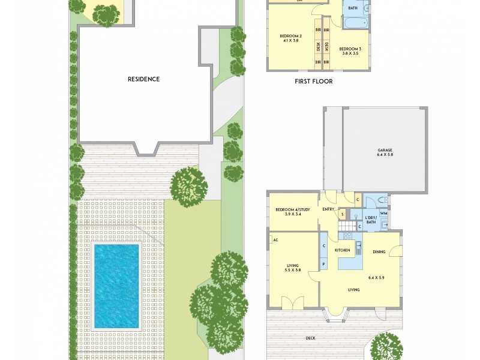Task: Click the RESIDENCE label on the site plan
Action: tap(143, 79)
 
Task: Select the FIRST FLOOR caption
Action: tap(313, 82)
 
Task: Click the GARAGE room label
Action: tap(385, 150)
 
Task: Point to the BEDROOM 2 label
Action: tap(290, 36)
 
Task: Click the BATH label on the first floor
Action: tap(353, 8)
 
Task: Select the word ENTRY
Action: tap(328, 209)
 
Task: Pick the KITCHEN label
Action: tap(342, 250)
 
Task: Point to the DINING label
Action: tap(379, 252)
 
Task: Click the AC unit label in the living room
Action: tap(275, 240)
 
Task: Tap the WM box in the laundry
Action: tap(383, 213)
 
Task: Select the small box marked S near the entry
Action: tap(341, 214)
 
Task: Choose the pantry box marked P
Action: tap(323, 264)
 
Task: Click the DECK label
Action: tap(310, 338)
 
